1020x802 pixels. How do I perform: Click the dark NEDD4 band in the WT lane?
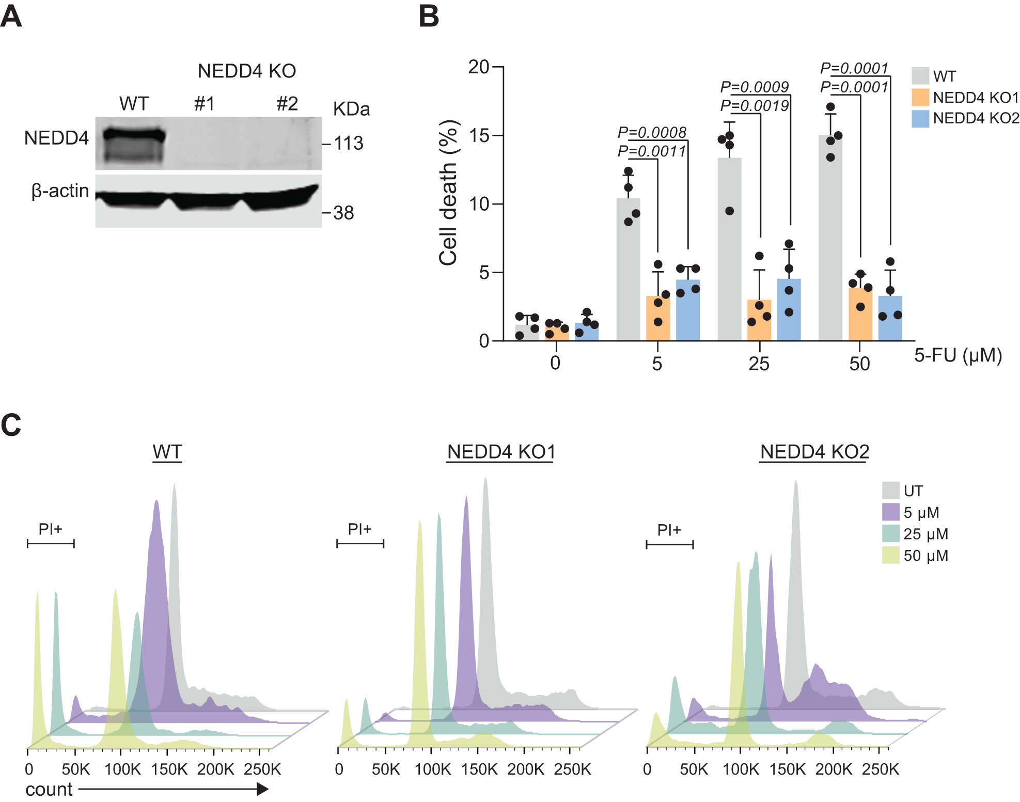[x=134, y=136]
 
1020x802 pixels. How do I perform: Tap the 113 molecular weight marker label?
[x=349, y=144]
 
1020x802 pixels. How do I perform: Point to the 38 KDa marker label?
[x=343, y=213]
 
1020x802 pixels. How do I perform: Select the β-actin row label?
[x=60, y=191]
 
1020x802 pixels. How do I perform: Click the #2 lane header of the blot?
[x=287, y=104]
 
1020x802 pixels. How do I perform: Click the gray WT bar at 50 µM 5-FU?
[x=830, y=238]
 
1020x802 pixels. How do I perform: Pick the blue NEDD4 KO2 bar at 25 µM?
[x=789, y=310]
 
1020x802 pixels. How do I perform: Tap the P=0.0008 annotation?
[x=652, y=133]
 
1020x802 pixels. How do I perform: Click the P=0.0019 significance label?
[x=754, y=106]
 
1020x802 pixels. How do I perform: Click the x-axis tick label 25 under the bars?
[x=759, y=364]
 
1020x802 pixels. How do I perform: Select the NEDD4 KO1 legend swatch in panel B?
[x=920, y=98]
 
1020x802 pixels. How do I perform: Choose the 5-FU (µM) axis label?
[x=958, y=355]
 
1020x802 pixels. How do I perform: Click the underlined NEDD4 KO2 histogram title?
[x=814, y=452]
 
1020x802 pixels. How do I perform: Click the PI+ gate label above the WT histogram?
[x=50, y=529]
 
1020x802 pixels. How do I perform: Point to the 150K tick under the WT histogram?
[x=169, y=769]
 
